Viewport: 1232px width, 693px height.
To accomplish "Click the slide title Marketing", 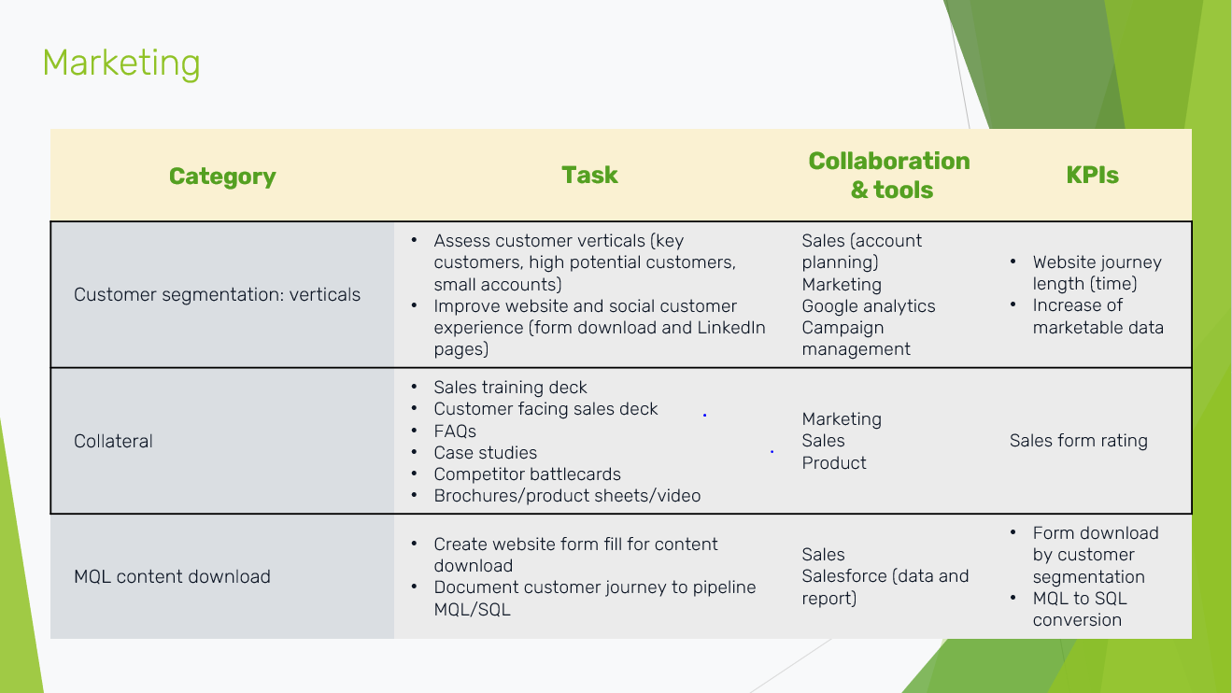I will coord(121,64).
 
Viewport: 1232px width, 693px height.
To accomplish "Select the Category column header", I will coord(222,177).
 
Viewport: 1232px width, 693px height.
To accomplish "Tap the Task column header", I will coord(589,175).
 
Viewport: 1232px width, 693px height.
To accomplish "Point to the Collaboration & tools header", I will coord(889,176).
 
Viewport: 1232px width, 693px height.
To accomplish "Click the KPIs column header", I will coord(1092,175).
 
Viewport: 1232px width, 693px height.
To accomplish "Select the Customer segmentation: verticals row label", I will coord(217,294).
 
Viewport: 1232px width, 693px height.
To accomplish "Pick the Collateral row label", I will coord(113,441).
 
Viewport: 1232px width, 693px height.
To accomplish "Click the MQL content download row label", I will coord(172,576).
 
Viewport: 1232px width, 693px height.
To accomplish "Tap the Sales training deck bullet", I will coord(510,388).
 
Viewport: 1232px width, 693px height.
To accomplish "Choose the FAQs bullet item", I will coord(455,431).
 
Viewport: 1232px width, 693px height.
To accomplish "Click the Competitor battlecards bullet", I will coord(527,474).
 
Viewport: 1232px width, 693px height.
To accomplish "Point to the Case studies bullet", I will coord(485,453).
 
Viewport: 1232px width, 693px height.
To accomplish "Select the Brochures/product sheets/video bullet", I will coord(567,496).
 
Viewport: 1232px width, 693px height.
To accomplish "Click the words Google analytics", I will coord(868,306).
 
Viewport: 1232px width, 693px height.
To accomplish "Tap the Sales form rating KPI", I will coord(1078,441).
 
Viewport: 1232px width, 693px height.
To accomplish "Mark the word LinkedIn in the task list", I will coord(731,328).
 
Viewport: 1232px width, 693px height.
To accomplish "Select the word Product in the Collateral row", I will coord(834,462).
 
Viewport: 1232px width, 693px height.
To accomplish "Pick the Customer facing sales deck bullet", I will coord(545,409).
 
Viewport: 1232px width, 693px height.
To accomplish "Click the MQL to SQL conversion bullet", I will coord(1080,609).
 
